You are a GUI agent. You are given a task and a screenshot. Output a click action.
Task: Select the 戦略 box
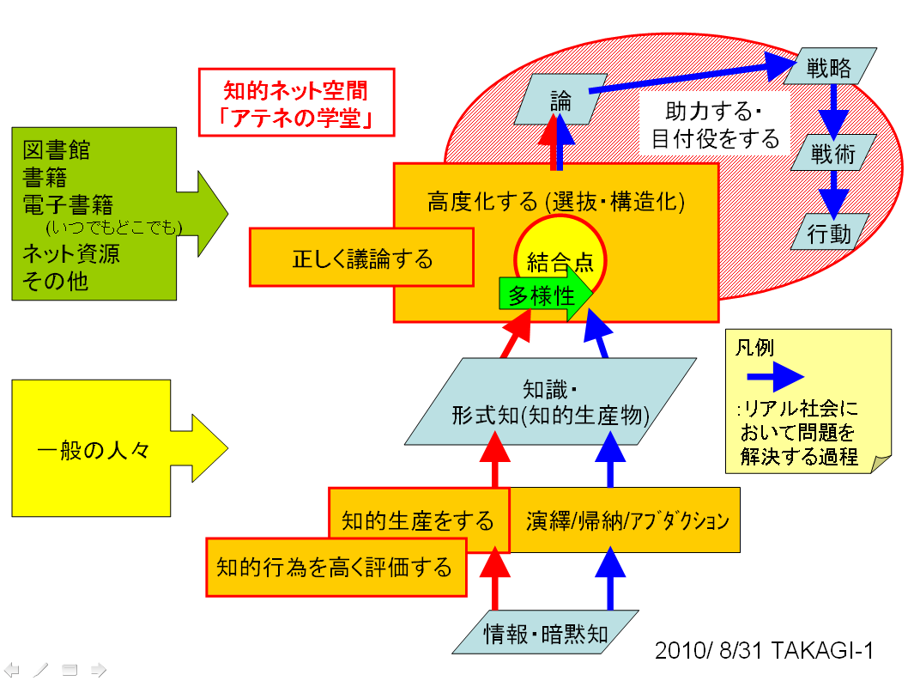[x=831, y=67]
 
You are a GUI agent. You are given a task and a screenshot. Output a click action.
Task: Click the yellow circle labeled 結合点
[x=560, y=259]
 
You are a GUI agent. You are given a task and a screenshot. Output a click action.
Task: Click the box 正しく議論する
[x=361, y=258]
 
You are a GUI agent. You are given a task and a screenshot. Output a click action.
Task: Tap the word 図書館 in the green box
[x=57, y=153]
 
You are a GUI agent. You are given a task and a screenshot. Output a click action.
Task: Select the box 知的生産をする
[x=417, y=520]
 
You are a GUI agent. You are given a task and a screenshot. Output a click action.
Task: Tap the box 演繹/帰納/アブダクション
[x=627, y=520]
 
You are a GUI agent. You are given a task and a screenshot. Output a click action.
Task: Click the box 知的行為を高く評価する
[x=335, y=567]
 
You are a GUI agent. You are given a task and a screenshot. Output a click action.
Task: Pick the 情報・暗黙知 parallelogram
[x=547, y=634]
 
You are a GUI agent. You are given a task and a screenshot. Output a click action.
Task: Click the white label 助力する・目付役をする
[x=715, y=125]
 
